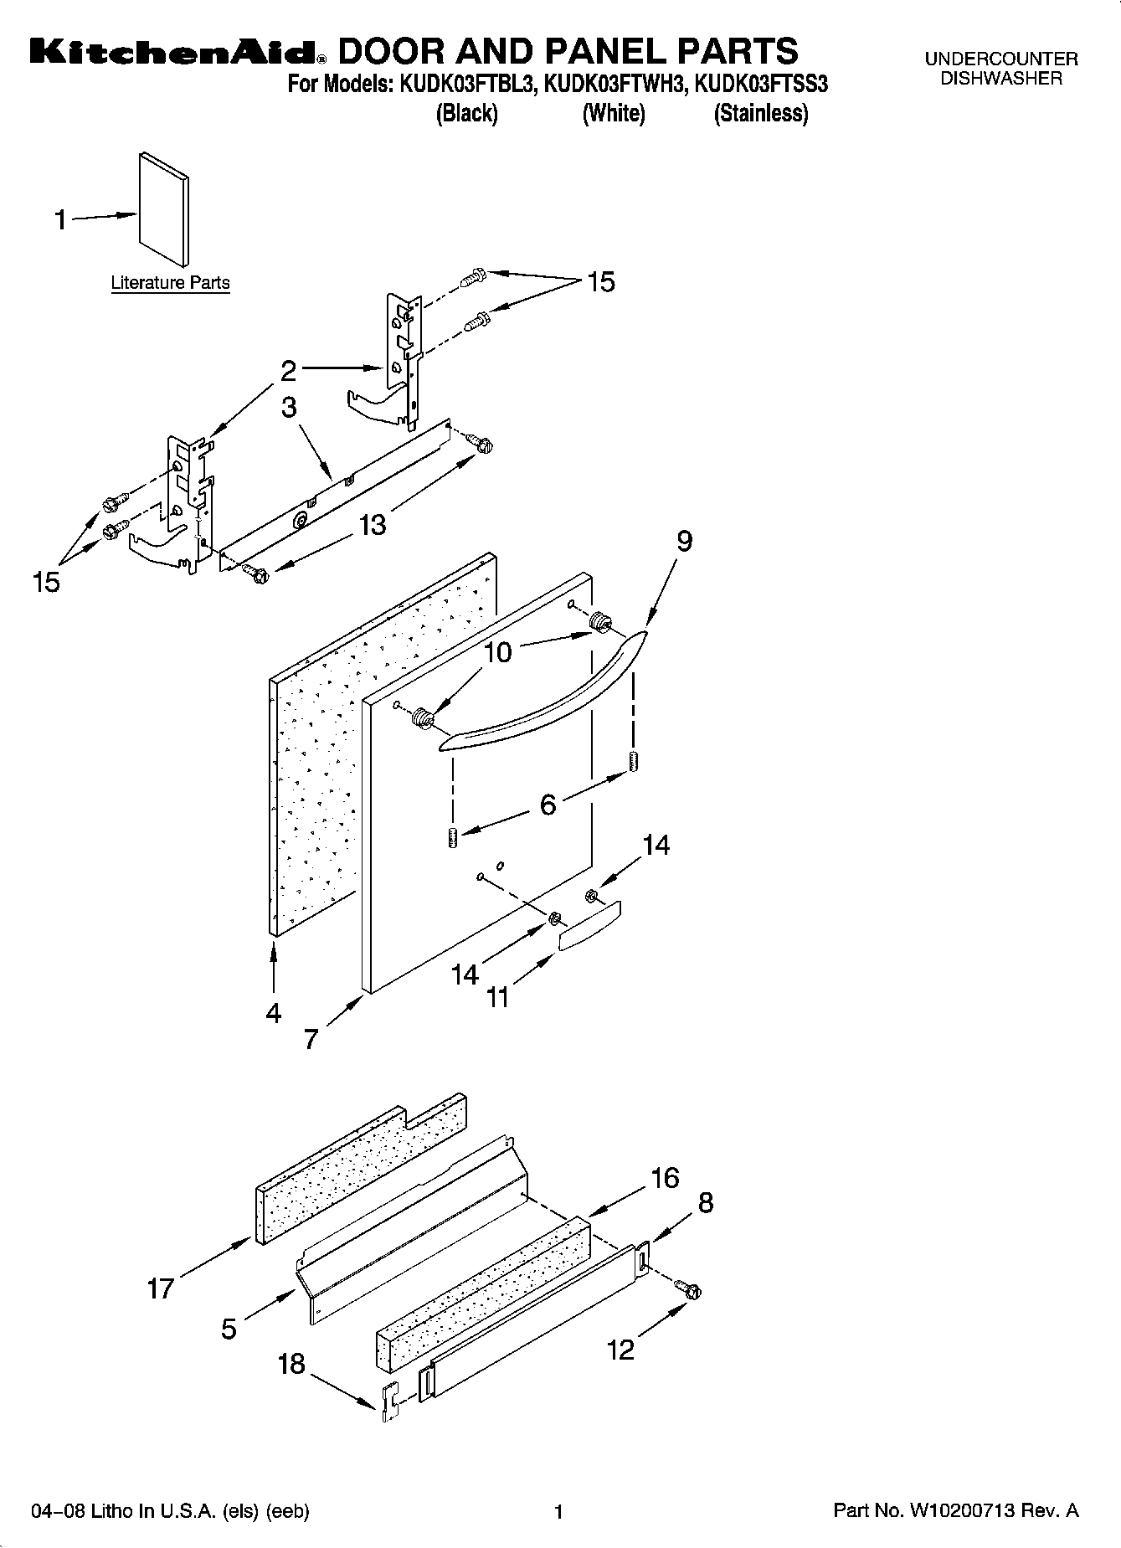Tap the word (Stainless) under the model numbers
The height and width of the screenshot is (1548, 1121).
coord(760,113)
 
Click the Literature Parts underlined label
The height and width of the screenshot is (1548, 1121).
coord(170,283)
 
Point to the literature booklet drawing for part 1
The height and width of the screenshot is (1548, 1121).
coord(164,209)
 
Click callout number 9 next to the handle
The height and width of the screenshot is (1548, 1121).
coord(684,542)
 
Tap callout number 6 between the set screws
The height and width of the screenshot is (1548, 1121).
coord(548,805)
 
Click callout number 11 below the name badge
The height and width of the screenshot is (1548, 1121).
coord(498,998)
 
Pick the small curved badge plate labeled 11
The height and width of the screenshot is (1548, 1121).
coord(589,924)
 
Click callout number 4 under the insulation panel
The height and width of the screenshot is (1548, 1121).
coord(273,1014)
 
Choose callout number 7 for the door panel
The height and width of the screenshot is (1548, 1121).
coord(311,1040)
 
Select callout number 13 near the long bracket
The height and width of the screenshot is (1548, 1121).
coord(373,525)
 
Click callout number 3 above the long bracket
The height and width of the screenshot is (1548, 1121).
coord(289,408)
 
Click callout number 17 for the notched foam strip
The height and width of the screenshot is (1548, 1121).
coord(160,1288)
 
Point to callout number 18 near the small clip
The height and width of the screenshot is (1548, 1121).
coord(291,1365)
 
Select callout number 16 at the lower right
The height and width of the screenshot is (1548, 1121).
coord(665,1178)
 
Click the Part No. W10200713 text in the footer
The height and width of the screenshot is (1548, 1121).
coord(955,1511)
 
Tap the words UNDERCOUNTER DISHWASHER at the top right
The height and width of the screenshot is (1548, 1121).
coord(1000,69)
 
